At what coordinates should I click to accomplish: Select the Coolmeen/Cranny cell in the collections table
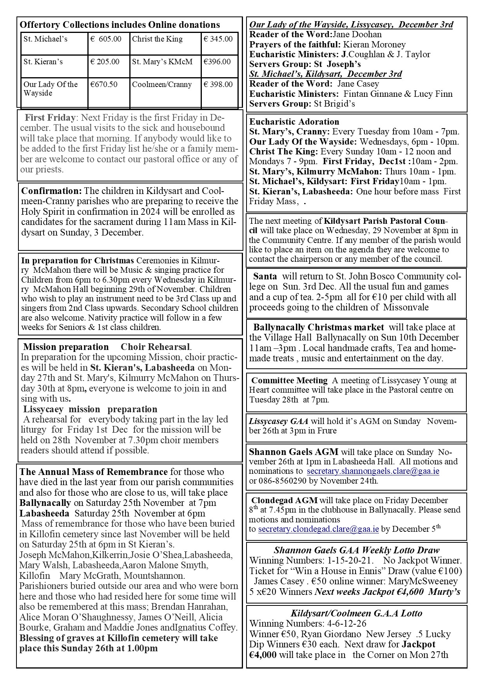tap(162, 85)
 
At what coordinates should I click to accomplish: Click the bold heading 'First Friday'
tap(50, 118)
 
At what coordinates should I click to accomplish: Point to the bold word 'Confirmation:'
tap(51, 191)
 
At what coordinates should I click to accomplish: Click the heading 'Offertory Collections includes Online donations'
tap(120, 25)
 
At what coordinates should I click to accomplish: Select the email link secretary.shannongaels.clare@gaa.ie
tap(373, 471)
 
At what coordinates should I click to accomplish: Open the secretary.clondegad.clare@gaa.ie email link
tap(318, 529)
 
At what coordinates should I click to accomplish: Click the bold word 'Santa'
tap(265, 276)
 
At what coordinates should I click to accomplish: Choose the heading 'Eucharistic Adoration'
tap(294, 121)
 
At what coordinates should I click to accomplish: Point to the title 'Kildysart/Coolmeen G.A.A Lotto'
tap(356, 613)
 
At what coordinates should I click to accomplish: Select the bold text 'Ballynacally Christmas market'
tap(319, 327)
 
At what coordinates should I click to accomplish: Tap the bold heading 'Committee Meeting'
tap(289, 381)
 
